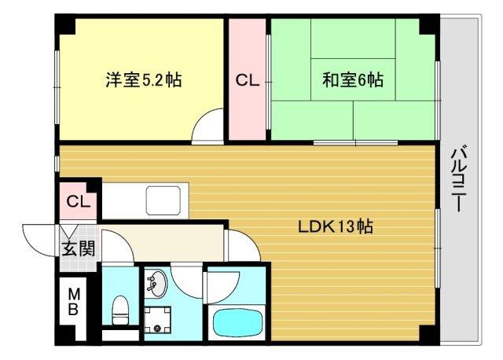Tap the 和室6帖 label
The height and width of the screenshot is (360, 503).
pyautogui.click(x=353, y=79)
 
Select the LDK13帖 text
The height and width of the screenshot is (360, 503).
pyautogui.click(x=335, y=227)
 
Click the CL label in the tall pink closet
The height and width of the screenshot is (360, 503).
pyautogui.click(x=248, y=79)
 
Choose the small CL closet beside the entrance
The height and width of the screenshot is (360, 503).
pyautogui.click(x=78, y=201)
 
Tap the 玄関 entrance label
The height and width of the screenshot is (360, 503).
pyautogui.click(x=79, y=249)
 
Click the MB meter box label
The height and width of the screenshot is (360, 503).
pyautogui.click(x=72, y=302)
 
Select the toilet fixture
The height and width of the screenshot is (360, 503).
pyautogui.click(x=121, y=310)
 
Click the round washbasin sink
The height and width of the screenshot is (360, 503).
pyautogui.click(x=156, y=284)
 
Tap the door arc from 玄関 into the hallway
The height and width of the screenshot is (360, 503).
pyautogui.click(x=115, y=248)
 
